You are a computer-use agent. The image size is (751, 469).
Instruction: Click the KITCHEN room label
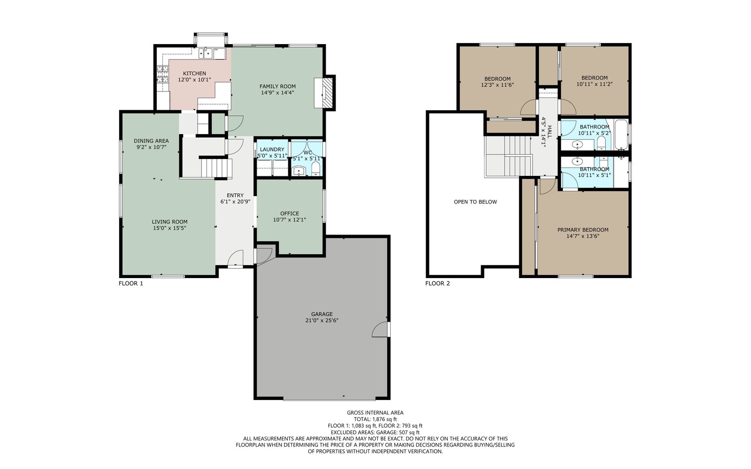(x=194, y=73)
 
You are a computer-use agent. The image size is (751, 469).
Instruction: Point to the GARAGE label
(x=322, y=314)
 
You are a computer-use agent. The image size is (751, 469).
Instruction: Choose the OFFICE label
(x=290, y=213)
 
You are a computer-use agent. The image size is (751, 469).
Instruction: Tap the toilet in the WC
(x=316, y=169)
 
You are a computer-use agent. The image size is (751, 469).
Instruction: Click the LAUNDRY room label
(x=272, y=150)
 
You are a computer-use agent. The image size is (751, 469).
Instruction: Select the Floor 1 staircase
(x=216, y=167)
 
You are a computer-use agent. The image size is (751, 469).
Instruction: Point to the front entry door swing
(x=235, y=258)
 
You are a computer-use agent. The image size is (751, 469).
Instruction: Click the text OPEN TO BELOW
(x=475, y=202)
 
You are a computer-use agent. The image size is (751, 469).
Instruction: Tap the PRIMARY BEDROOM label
(x=582, y=230)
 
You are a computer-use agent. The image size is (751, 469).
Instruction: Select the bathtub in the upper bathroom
(x=621, y=135)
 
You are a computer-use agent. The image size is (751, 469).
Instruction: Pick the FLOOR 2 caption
(x=437, y=283)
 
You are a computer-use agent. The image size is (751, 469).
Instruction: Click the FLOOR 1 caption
(x=131, y=283)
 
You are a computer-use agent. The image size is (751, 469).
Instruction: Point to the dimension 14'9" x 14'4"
(x=277, y=92)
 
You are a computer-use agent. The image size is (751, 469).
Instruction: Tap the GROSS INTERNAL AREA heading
(x=375, y=413)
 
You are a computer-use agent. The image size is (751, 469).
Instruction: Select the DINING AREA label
(x=151, y=141)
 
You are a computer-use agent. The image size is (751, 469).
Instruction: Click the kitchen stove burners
(x=162, y=74)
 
